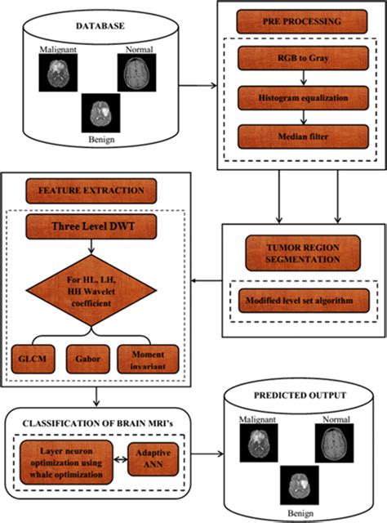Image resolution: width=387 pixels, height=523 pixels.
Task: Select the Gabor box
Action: pos(90,358)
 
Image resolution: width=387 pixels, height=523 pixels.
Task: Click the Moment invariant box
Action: pos(147,358)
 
